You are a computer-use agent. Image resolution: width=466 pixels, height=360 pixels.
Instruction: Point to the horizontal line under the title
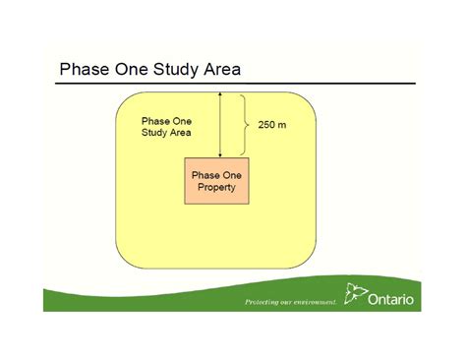point(236,84)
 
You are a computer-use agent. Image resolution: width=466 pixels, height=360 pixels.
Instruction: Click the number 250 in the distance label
point(266,126)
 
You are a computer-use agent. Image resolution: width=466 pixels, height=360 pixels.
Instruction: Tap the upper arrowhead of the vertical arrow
point(220,96)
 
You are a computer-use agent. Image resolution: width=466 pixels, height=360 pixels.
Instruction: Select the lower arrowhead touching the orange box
point(220,153)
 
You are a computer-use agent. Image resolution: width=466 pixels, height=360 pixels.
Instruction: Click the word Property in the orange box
point(216,187)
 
